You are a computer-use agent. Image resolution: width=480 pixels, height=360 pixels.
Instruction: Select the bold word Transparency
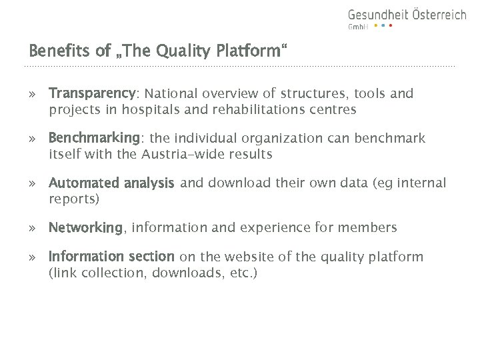click(x=92, y=94)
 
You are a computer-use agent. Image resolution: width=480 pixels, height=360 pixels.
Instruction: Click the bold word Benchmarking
click(x=94, y=139)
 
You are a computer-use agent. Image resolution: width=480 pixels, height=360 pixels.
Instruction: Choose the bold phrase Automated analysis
click(x=111, y=183)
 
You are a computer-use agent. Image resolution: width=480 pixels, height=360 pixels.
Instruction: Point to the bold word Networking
click(x=85, y=228)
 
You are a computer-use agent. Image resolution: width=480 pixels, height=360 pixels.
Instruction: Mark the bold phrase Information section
click(x=111, y=257)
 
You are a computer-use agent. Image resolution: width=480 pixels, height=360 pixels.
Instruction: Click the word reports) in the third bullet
click(x=74, y=199)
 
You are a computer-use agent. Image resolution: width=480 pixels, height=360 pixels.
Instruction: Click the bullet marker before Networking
click(x=32, y=229)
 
